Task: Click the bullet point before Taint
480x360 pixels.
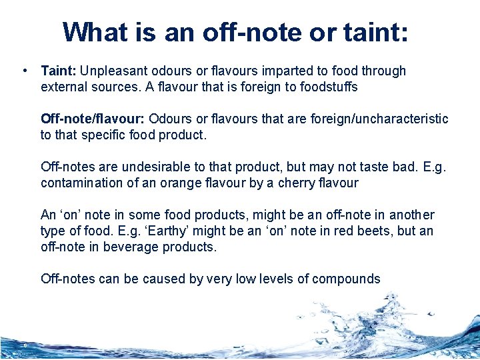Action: pyautogui.click(x=24, y=71)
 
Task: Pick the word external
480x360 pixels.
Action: pyautogui.click(x=63, y=87)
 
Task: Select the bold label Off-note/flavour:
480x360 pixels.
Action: pyautogui.click(x=93, y=119)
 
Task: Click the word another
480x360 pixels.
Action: pyautogui.click(x=412, y=215)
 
